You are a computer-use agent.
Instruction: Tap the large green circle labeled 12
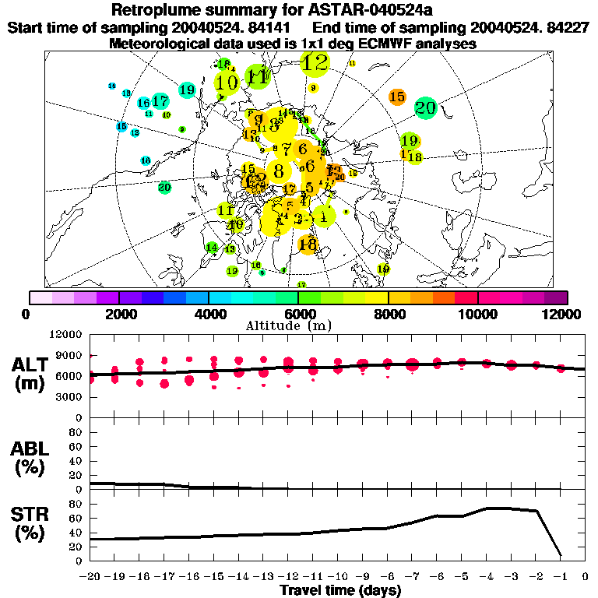pyautogui.click(x=315, y=63)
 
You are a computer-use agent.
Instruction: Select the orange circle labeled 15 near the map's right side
pyautogui.click(x=397, y=97)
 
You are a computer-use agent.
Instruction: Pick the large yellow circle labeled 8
pyautogui.click(x=278, y=172)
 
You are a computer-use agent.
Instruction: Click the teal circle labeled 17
pyautogui.click(x=160, y=101)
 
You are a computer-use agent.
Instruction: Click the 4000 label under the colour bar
pyautogui.click(x=208, y=314)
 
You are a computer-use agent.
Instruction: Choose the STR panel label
pyautogui.click(x=30, y=522)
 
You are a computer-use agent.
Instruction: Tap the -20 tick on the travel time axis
pyautogui.click(x=91, y=577)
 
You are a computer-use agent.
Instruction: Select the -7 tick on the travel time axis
pyautogui.click(x=413, y=577)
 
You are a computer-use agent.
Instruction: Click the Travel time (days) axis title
pyautogui.click(x=340, y=591)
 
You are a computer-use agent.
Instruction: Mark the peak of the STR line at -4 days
pyautogui.click(x=487, y=508)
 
